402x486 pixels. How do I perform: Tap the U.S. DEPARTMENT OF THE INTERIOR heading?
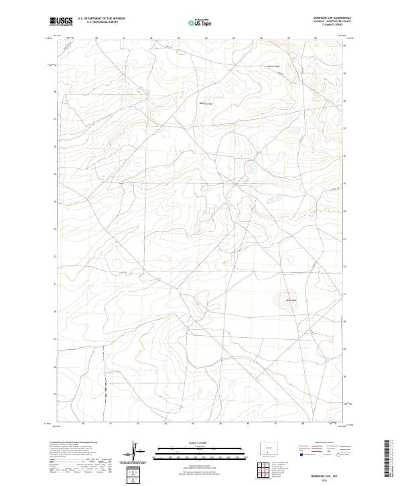pyautogui.click(x=102, y=19)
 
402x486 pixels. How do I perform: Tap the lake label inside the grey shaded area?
pyautogui.click(x=291, y=300)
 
